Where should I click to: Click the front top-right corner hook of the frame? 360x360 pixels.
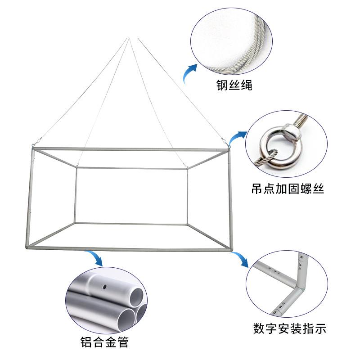(x=229, y=146)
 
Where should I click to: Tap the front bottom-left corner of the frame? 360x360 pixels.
(x=28, y=247)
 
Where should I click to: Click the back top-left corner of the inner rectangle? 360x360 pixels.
(x=76, y=169)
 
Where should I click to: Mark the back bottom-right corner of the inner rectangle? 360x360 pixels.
(x=187, y=224)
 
